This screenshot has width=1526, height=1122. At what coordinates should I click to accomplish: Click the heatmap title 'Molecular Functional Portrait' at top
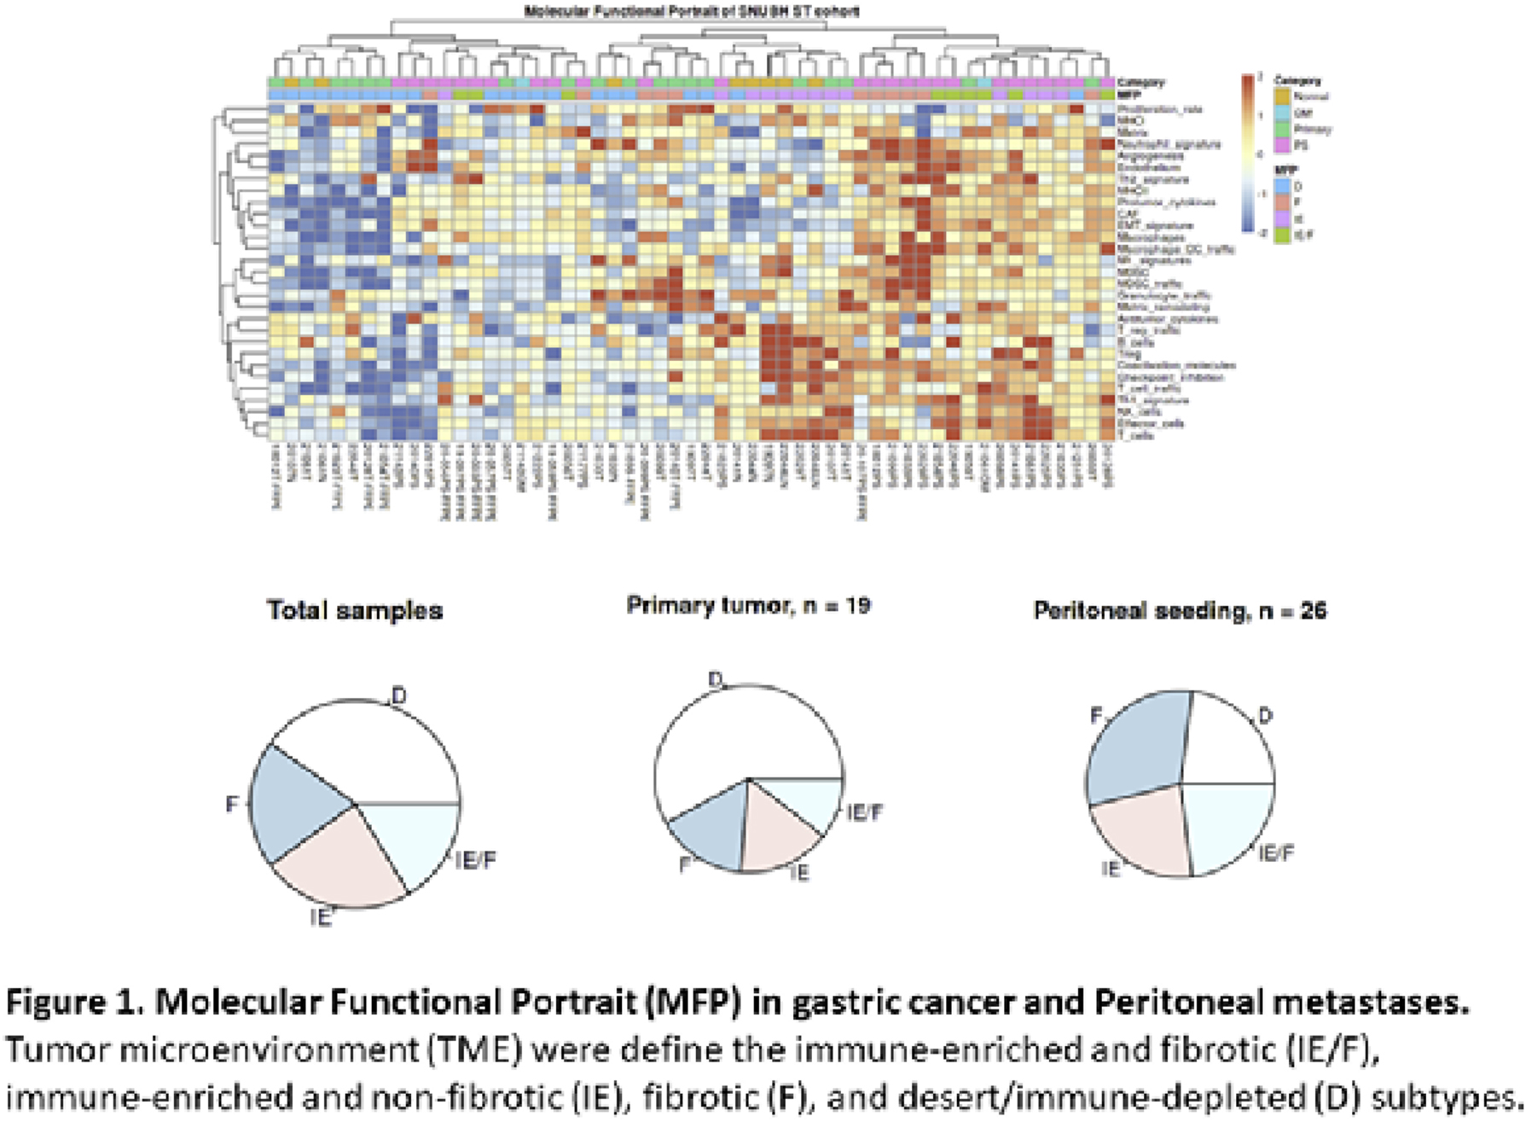click(691, 11)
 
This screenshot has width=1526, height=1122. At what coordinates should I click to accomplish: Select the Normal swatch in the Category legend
click(1282, 96)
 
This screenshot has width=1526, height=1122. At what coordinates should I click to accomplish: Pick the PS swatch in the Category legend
click(1282, 145)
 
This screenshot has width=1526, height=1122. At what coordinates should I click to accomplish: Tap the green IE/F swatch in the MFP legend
click(1282, 235)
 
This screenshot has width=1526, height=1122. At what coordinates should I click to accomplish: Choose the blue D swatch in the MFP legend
click(1282, 186)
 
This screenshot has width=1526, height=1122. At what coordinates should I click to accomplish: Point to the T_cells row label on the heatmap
click(1138, 435)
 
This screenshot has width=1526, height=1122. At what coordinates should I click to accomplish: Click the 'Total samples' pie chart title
click(355, 610)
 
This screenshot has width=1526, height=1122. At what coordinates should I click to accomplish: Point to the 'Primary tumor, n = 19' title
click(748, 605)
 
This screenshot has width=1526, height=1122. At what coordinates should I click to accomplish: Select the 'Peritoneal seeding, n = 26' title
click(1180, 610)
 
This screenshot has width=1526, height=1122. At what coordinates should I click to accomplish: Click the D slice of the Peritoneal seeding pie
click(1228, 742)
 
